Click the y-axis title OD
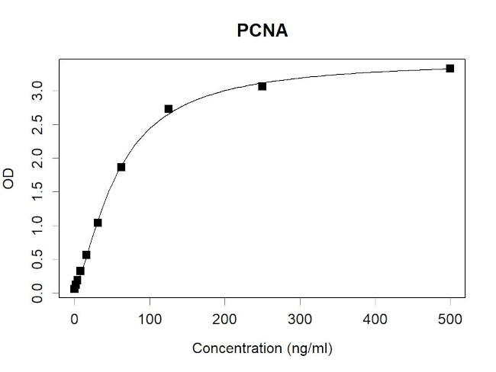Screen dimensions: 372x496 [9, 181]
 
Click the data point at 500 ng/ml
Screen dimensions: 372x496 [450, 69]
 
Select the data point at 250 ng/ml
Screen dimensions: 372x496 [262, 86]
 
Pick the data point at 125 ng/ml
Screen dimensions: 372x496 [168, 109]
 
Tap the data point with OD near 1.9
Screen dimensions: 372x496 [121, 167]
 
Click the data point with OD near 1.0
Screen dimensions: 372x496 [98, 223]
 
